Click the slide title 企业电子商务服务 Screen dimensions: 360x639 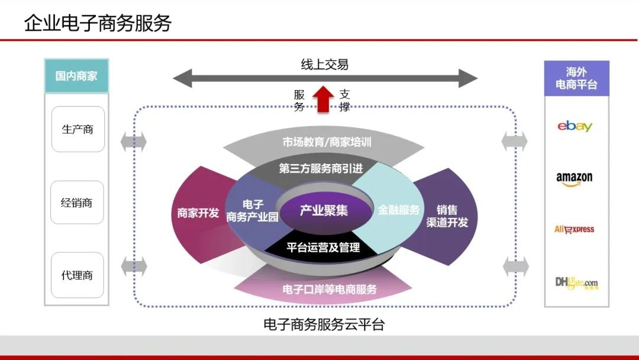[98, 23]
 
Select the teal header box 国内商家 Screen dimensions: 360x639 [76, 76]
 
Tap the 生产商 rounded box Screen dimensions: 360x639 [78, 129]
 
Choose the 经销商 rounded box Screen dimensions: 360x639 [77, 202]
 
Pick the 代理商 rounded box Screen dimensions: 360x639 [77, 275]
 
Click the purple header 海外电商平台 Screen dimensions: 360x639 [576, 78]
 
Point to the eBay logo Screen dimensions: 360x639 [575, 126]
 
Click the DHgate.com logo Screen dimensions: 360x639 [576, 283]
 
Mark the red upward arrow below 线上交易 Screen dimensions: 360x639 [323, 98]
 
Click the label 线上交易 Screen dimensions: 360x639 [325, 65]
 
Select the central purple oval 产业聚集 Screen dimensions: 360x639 [324, 210]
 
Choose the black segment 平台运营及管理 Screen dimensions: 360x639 [324, 247]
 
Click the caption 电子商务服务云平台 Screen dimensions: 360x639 [324, 324]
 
